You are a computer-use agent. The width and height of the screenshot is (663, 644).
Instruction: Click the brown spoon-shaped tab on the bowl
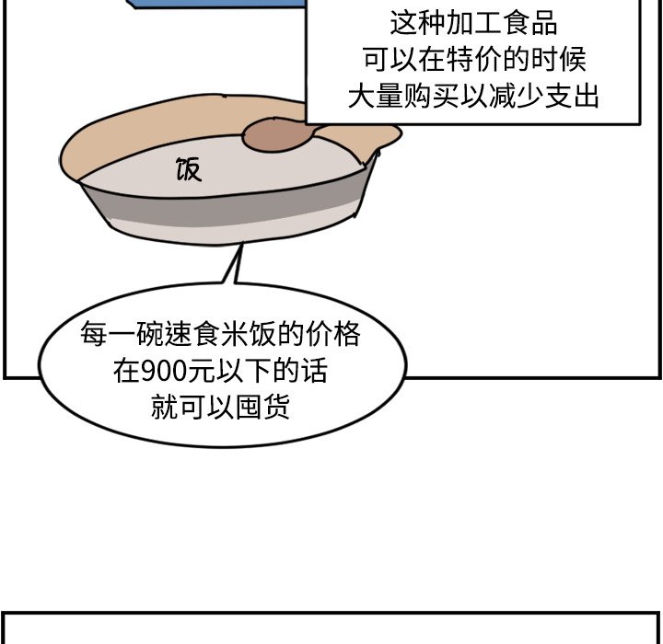tap(276, 135)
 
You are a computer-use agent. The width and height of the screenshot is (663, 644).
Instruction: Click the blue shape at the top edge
tap(221, 5)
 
